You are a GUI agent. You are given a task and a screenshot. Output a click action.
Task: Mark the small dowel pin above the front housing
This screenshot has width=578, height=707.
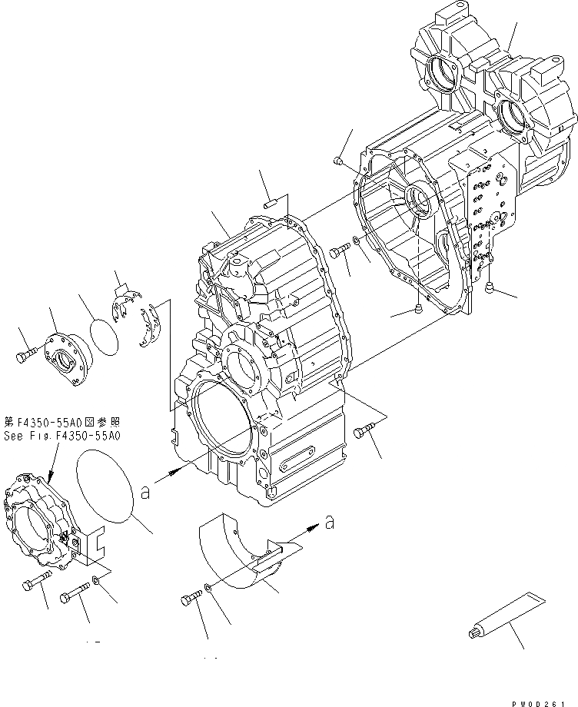tap(270, 204)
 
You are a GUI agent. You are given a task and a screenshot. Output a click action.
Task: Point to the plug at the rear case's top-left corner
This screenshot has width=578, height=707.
tap(338, 160)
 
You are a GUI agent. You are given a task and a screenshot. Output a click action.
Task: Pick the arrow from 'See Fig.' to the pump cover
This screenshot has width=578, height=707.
tap(44, 460)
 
